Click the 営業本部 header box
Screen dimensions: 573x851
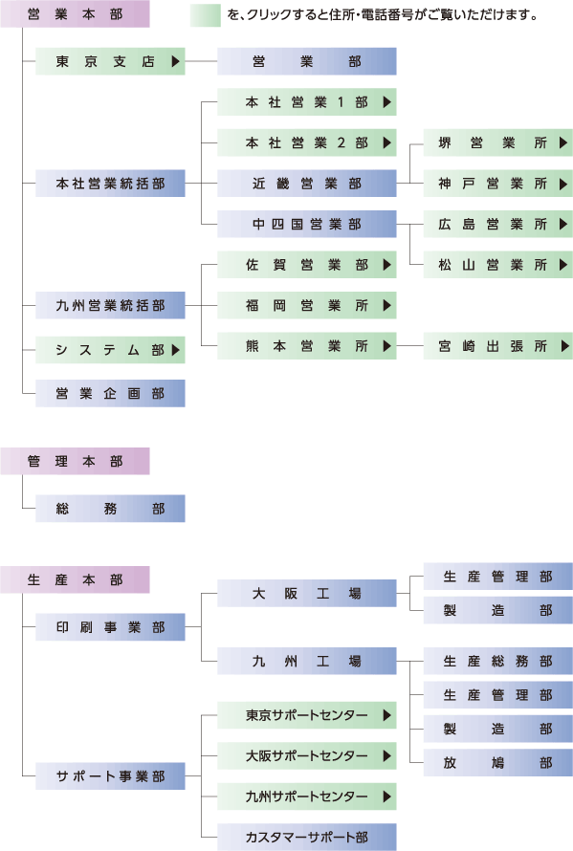[75, 14]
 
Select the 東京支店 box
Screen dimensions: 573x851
[110, 61]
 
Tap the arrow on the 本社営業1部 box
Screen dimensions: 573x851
[386, 102]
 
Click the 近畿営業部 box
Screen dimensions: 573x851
[307, 184]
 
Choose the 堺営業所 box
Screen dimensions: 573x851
[498, 142]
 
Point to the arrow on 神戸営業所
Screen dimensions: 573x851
[563, 184]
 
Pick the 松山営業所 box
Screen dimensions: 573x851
[498, 265]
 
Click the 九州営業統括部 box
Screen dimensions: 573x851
[110, 306]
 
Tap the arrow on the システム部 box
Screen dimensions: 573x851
[175, 350]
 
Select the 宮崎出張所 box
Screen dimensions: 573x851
[498, 346]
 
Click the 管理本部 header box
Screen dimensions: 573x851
[75, 461]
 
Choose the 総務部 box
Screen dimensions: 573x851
[110, 509]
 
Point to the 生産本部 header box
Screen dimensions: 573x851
[75, 579]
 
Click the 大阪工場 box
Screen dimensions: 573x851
[307, 593]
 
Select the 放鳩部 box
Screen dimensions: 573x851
[498, 762]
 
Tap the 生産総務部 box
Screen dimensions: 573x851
[498, 661]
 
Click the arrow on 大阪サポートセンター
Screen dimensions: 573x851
[386, 755]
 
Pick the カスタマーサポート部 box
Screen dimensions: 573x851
[307, 837]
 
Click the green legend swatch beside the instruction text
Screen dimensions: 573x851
[206, 15]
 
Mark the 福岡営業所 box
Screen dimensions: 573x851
[307, 306]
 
